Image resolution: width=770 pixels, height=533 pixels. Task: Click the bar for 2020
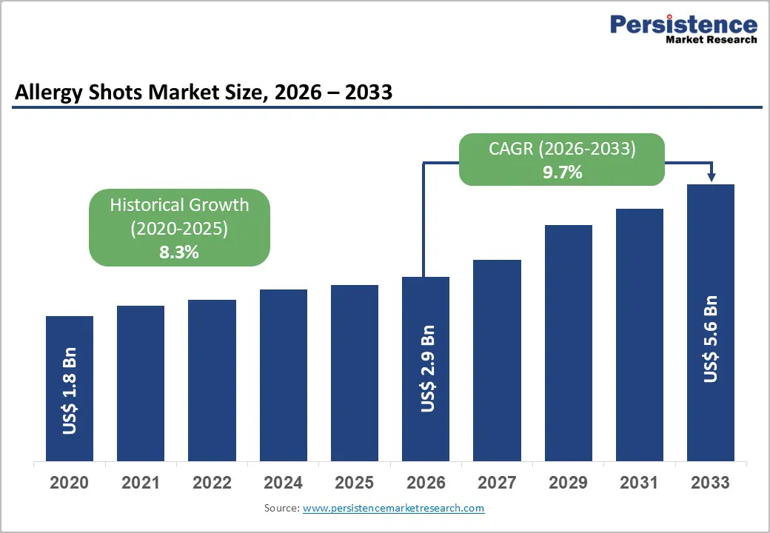pyautogui.click(x=70, y=388)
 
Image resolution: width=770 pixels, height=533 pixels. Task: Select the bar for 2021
pyautogui.click(x=141, y=383)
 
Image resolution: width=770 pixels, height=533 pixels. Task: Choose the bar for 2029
pyautogui.click(x=569, y=343)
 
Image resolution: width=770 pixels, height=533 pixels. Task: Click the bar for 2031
pyautogui.click(x=640, y=335)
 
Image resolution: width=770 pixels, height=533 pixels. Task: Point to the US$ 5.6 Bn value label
pyautogui.click(x=711, y=339)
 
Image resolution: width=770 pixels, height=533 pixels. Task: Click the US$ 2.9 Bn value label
pyautogui.click(x=426, y=368)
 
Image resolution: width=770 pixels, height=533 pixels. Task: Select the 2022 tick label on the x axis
pyautogui.click(x=212, y=483)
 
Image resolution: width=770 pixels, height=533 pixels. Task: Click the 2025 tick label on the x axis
pyautogui.click(x=355, y=483)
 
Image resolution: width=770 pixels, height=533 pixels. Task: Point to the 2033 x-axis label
pyautogui.click(x=711, y=483)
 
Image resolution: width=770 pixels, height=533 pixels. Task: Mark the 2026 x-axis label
pyautogui.click(x=426, y=483)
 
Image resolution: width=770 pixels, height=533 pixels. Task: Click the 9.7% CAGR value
pyautogui.click(x=561, y=173)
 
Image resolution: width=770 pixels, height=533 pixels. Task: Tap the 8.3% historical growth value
pyautogui.click(x=179, y=252)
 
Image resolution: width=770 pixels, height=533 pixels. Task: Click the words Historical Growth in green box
pyautogui.click(x=179, y=205)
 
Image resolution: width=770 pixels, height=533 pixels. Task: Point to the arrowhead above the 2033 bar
pyautogui.click(x=711, y=178)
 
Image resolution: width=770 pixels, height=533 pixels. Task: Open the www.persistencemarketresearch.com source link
pyautogui.click(x=393, y=509)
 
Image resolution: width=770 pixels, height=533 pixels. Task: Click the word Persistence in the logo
pyautogui.click(x=683, y=24)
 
